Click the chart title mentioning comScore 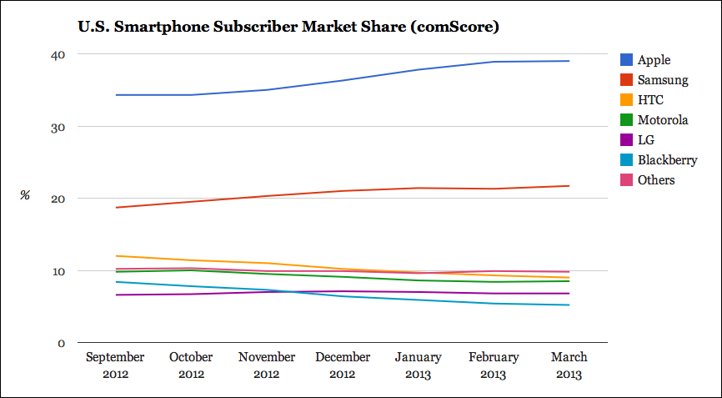[x=288, y=28]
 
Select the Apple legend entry [x=654, y=60]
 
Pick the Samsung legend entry [x=662, y=80]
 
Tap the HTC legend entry [x=650, y=100]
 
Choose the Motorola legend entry [x=662, y=120]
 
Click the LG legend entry [x=646, y=140]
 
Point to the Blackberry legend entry [x=666, y=160]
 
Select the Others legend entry [x=655, y=180]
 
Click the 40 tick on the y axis [x=59, y=54]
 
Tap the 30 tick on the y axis [x=59, y=127]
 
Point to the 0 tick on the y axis [x=63, y=343]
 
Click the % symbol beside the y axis [x=25, y=196]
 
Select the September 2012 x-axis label [x=116, y=365]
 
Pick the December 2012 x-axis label [x=343, y=365]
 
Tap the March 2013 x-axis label [x=569, y=365]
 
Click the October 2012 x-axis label [x=191, y=365]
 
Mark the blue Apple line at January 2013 [x=418, y=69]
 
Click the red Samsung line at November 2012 [x=267, y=196]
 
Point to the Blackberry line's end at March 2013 [x=569, y=305]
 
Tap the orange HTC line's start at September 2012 [x=116, y=256]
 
